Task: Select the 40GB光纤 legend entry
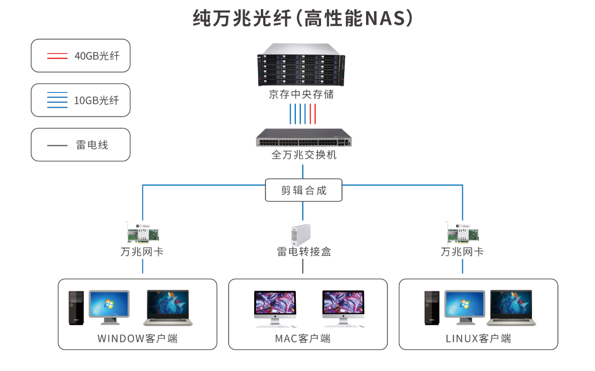point(80,56)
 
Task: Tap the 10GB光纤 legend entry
point(80,100)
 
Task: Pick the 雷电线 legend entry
point(80,145)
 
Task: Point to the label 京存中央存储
point(301,94)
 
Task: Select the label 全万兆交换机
point(304,155)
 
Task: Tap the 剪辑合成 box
point(304,190)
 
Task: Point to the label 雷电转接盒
point(304,252)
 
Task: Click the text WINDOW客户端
point(137,338)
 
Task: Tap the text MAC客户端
point(303,338)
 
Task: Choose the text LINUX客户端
point(478,338)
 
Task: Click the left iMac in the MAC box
point(275,308)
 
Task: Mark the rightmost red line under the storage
point(315,114)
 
